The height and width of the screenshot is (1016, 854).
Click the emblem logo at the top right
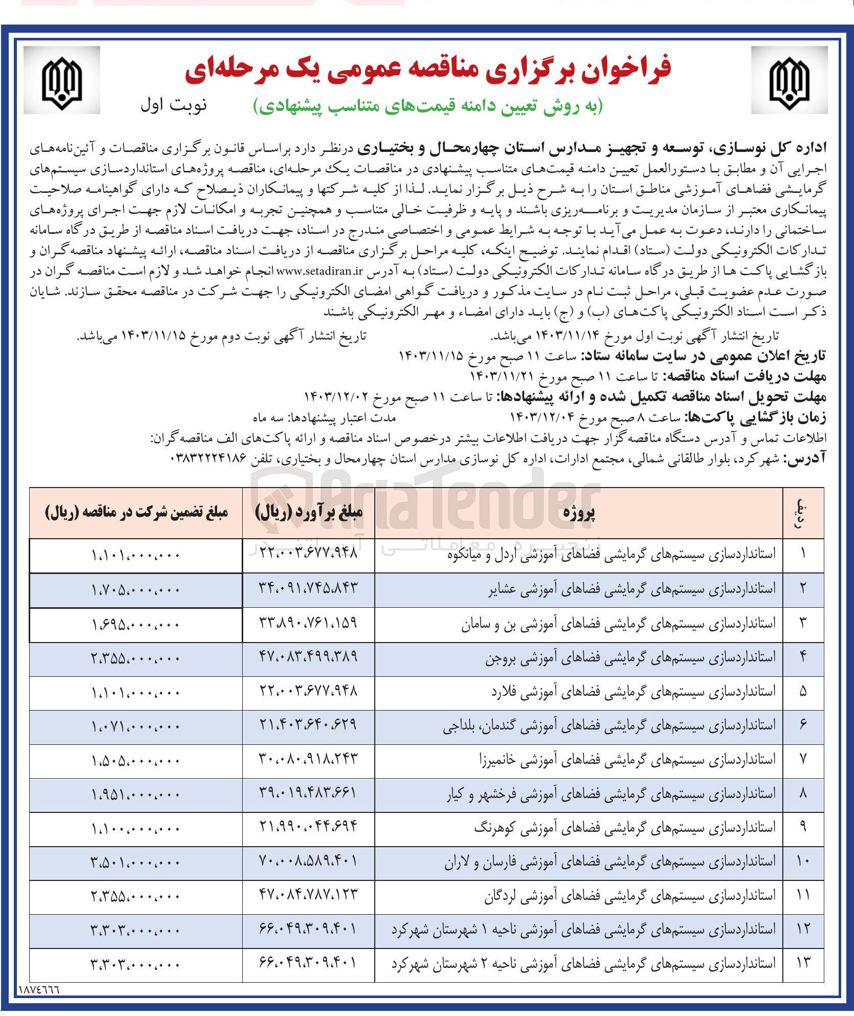pyautogui.click(x=789, y=80)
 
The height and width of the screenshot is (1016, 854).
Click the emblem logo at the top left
pyautogui.click(x=62, y=80)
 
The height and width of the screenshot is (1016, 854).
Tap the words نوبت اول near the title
pyautogui.click(x=174, y=105)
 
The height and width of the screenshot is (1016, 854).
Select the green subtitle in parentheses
pyautogui.click(x=429, y=106)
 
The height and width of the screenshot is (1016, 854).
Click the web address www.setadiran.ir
pyautogui.click(x=319, y=271)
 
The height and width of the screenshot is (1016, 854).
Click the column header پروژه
pyautogui.click(x=579, y=513)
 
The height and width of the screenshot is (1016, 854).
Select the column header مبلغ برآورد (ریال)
pyautogui.click(x=309, y=513)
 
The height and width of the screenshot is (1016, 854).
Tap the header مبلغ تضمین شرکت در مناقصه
pyautogui.click(x=136, y=513)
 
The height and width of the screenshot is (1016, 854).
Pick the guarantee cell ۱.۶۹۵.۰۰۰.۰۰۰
pyautogui.click(x=136, y=624)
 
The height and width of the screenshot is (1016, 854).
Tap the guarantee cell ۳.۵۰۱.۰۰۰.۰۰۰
pyautogui.click(x=136, y=863)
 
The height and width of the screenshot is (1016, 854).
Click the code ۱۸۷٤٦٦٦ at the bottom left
pyautogui.click(x=39, y=990)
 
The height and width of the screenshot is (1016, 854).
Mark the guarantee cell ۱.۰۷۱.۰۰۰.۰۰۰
pyautogui.click(x=136, y=726)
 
